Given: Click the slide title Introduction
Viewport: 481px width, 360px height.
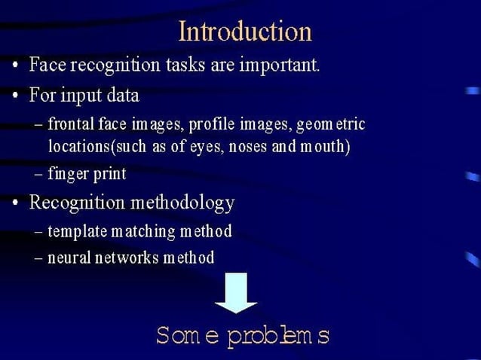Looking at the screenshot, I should (x=245, y=32).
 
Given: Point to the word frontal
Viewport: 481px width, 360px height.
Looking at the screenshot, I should (x=71, y=124).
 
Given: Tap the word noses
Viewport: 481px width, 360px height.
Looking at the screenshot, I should (x=240, y=146).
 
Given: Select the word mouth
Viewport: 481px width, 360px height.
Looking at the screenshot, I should (x=322, y=146).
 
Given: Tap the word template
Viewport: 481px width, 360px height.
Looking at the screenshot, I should (x=78, y=231).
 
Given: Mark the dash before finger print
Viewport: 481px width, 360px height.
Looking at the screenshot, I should (x=39, y=175).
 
